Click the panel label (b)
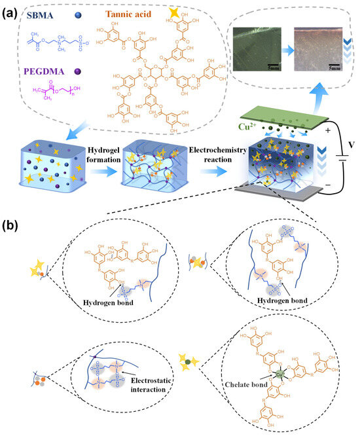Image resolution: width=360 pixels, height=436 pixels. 10,226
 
